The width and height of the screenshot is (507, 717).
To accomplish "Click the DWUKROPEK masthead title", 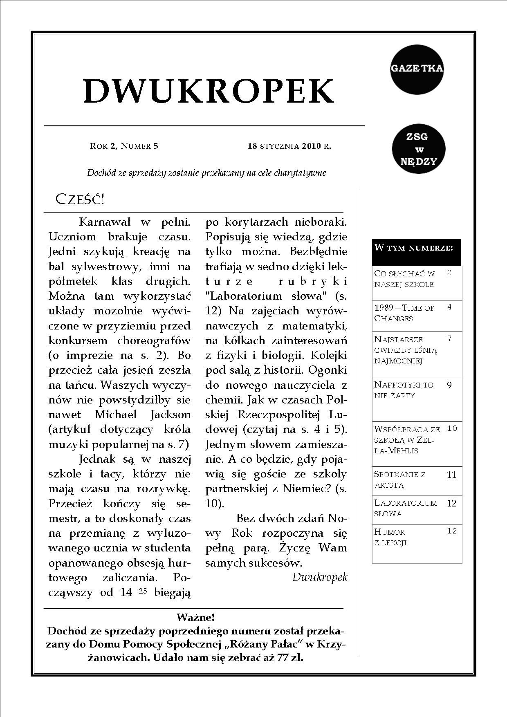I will coord(209,91).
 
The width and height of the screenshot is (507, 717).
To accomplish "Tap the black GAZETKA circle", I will coord(417,69).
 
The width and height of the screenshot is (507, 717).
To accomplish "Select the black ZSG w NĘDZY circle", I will coord(418,149).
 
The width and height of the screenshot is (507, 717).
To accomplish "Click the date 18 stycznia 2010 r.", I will coord(289,146).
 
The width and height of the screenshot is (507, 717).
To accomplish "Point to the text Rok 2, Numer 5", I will coord(123,146).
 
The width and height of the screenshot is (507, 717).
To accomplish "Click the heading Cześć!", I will coord(80,199).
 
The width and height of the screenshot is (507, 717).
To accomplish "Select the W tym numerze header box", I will coord(416,252).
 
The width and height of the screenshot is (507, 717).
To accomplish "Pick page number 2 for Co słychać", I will coord(449,273).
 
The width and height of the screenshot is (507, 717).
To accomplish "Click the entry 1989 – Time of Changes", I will coord(404,313).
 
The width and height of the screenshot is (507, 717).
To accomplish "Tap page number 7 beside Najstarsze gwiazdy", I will coord(449,338).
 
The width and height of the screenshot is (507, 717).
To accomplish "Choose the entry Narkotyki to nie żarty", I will coord(404,390).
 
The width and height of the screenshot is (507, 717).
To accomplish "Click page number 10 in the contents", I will coord(452,428).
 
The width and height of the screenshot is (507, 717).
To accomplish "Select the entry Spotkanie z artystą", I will coord(400,479).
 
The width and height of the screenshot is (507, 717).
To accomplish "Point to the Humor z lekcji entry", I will coord(390,537).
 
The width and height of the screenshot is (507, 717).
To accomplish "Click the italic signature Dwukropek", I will coord(320,577).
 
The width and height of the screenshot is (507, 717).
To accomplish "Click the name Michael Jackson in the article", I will coord(143,415).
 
